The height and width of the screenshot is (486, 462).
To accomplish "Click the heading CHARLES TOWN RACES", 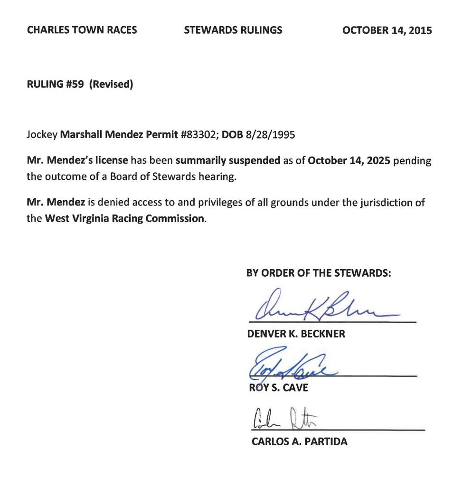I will click(82, 30).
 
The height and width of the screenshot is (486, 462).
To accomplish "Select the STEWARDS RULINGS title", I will click(233, 30).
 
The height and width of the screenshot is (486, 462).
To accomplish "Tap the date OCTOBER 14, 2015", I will click(387, 30).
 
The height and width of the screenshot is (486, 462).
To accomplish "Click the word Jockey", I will click(42, 134).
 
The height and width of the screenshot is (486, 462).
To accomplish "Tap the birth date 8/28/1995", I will click(270, 134).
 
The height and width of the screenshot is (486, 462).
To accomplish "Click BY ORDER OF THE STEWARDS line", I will click(319, 273).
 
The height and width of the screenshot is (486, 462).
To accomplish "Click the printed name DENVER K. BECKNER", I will click(296, 334).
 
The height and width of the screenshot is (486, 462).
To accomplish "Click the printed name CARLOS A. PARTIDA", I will click(299, 442).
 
